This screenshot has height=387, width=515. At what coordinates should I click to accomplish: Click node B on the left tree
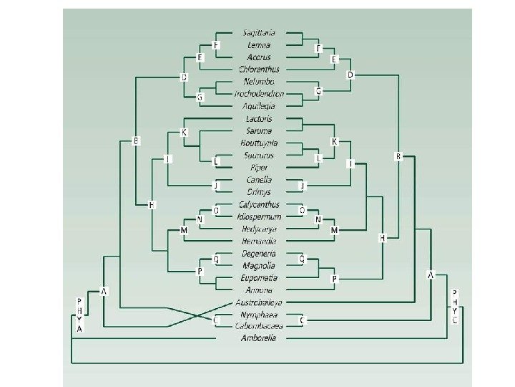(136, 140)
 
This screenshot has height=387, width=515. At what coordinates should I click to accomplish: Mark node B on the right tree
(398, 156)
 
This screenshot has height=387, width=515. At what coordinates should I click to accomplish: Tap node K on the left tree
(184, 133)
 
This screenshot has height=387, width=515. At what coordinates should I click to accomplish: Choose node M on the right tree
(334, 230)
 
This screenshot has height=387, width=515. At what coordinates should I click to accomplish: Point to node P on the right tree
(334, 278)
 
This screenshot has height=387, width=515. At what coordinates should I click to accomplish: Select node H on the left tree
(151, 206)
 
